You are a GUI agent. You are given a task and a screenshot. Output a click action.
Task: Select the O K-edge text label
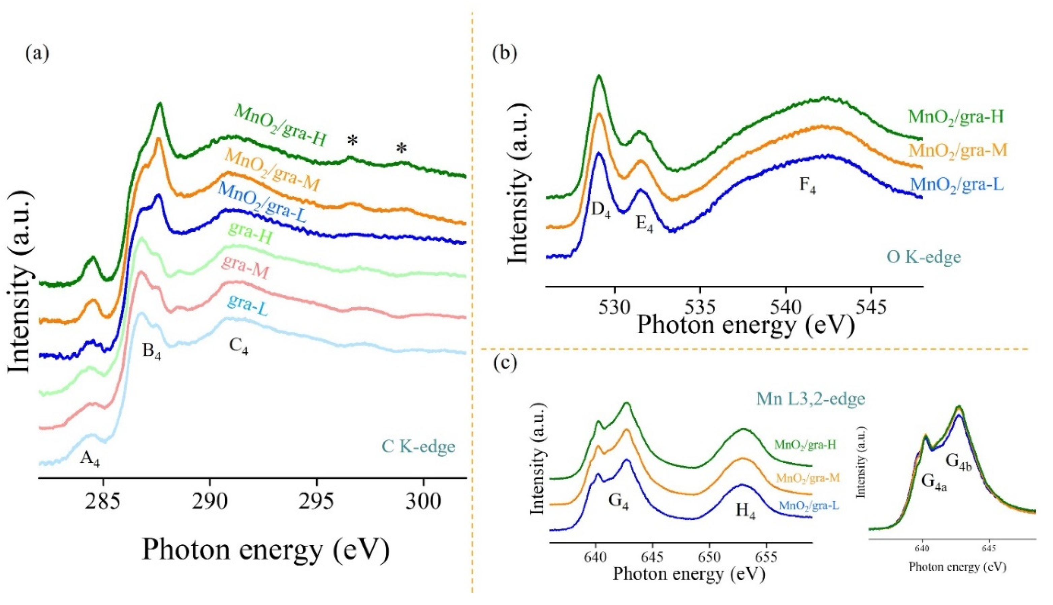(x=924, y=257)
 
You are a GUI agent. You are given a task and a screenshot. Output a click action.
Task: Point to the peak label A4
(x=90, y=459)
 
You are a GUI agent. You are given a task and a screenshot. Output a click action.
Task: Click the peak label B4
(x=151, y=352)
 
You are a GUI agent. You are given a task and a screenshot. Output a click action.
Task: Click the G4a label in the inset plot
(x=934, y=483)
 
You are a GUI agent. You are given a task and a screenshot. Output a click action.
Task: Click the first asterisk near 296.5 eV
(x=352, y=141)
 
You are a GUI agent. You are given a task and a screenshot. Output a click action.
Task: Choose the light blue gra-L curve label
(x=248, y=307)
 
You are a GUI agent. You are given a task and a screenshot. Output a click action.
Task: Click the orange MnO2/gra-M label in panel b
(x=957, y=150)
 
